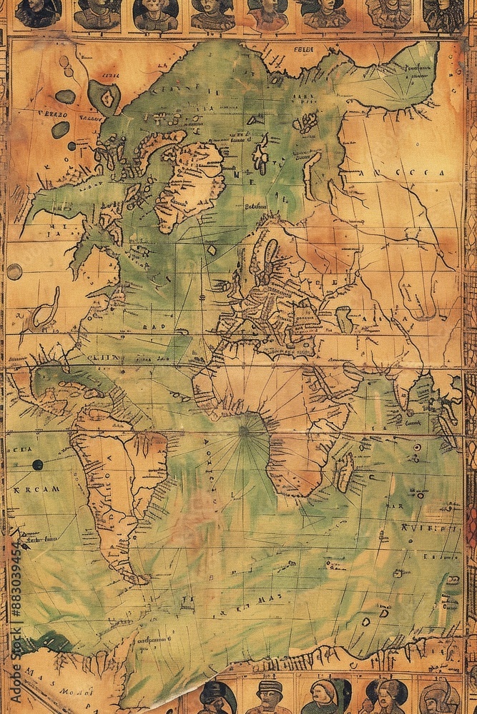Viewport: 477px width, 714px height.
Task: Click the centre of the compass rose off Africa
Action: (245, 431)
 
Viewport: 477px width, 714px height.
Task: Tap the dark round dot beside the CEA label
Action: (37, 464)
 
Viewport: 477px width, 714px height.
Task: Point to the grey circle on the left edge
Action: (14, 271)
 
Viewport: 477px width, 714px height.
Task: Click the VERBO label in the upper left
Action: (53, 114)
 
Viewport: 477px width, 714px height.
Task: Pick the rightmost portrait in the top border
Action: (443, 14)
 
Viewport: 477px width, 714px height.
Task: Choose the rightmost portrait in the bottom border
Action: (438, 697)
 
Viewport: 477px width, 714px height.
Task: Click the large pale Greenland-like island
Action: (190, 182)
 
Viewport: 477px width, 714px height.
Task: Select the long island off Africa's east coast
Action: (345, 471)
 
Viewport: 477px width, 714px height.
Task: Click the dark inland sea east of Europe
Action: (344, 319)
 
